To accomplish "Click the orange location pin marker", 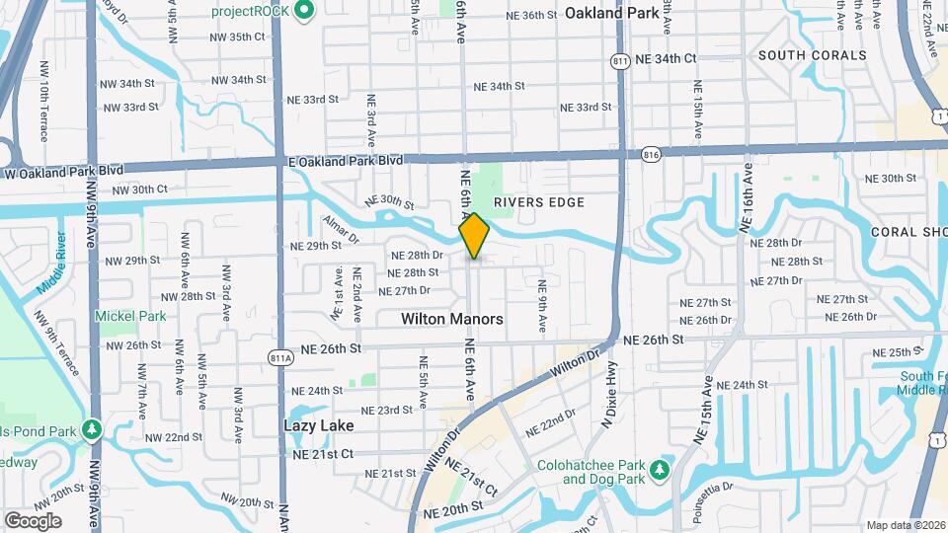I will (474, 236).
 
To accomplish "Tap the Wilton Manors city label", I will (452, 319).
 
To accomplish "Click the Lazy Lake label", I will (319, 425).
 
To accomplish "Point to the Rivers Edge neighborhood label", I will (539, 202).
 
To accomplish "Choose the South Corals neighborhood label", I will (812, 55).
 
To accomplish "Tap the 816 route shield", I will (650, 155).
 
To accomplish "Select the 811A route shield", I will (280, 357).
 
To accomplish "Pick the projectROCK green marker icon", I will (304, 12).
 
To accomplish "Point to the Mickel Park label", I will (130, 316).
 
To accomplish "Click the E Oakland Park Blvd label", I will (346, 160).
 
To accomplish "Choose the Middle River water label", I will (50, 263).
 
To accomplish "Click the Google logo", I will (33, 520).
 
